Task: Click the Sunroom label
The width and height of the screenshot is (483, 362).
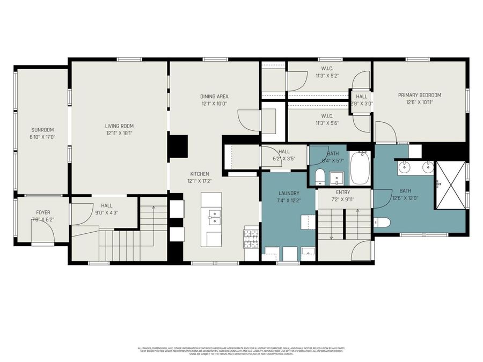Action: click(42, 130)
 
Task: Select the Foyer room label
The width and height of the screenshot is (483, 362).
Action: click(43, 212)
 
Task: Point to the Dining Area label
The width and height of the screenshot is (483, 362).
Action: click(214, 97)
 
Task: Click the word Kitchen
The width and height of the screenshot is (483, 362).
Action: click(199, 174)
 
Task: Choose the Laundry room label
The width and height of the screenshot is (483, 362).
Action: click(288, 193)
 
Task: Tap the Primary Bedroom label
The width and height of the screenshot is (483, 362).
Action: click(419, 95)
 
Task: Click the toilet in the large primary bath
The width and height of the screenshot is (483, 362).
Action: click(382, 222)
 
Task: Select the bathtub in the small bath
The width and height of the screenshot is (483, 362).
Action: click(360, 167)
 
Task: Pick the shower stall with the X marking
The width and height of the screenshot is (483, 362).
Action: click(450, 185)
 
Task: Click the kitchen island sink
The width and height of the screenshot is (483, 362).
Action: click(214, 217)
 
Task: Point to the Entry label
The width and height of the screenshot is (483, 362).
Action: click(343, 192)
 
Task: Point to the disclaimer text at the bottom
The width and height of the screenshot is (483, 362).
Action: click(241, 351)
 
